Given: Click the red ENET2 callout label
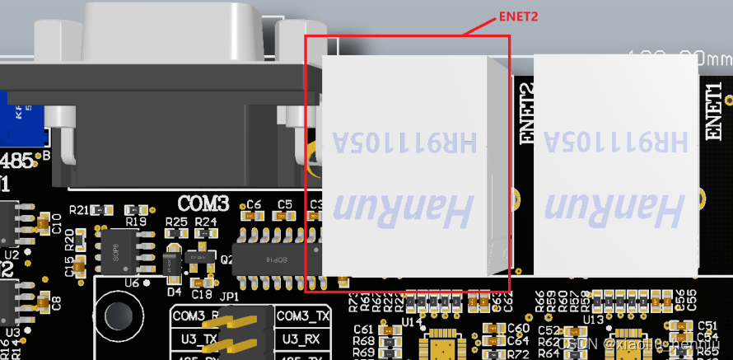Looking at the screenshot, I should (520, 15).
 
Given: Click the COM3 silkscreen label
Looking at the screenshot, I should (203, 203).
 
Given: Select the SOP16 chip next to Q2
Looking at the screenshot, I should (273, 259).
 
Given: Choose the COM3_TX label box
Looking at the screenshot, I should (303, 316).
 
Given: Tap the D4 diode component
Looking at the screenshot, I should (170, 263).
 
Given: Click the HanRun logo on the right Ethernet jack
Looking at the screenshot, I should (614, 211).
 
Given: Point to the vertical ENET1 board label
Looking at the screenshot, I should (716, 110).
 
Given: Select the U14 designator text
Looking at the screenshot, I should (412, 320).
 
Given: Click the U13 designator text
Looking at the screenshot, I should (592, 320).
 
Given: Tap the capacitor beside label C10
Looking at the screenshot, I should (43, 223).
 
